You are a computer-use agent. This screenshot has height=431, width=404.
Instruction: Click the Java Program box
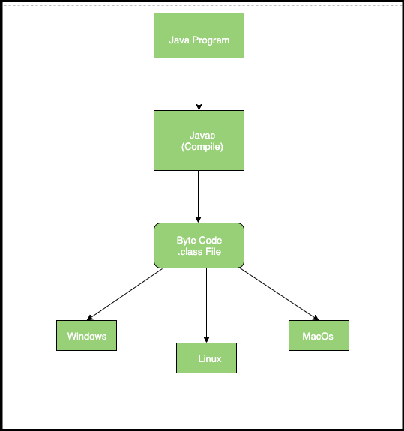point(199,35)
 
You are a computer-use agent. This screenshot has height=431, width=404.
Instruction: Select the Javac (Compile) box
point(199,141)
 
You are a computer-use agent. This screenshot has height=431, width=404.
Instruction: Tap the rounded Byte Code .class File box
point(199,245)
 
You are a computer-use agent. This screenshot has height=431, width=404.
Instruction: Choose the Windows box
point(86,336)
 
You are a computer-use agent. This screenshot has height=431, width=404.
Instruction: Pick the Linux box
point(206,358)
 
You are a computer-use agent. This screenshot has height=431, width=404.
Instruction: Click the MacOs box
point(319,336)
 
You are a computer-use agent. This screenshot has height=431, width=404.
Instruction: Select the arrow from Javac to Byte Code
point(199,196)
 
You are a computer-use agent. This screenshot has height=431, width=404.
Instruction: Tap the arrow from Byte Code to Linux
point(206,304)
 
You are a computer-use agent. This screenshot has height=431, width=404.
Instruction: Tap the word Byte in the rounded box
point(187,240)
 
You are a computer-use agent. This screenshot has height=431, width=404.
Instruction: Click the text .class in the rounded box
point(191,251)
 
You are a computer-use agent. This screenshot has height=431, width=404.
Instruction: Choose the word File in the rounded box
point(214,251)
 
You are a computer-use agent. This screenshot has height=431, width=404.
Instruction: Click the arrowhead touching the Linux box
point(206,338)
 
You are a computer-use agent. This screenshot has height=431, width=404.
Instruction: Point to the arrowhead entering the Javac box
point(199,106)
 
